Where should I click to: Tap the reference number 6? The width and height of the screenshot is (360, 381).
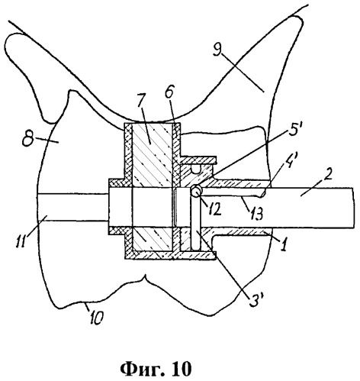click(169, 93)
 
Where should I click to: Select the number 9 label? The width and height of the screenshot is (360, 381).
click(218, 50)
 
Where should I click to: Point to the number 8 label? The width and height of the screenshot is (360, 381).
click(27, 140)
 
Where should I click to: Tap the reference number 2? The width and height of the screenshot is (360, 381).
click(328, 176)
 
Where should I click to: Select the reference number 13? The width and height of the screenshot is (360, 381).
click(256, 213)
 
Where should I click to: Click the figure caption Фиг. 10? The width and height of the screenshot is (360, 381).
click(156, 370)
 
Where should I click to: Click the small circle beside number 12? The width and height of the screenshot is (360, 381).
click(196, 191)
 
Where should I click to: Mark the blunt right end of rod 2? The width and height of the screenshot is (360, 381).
click(354, 208)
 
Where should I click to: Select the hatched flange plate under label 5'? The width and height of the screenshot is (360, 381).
click(198, 160)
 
